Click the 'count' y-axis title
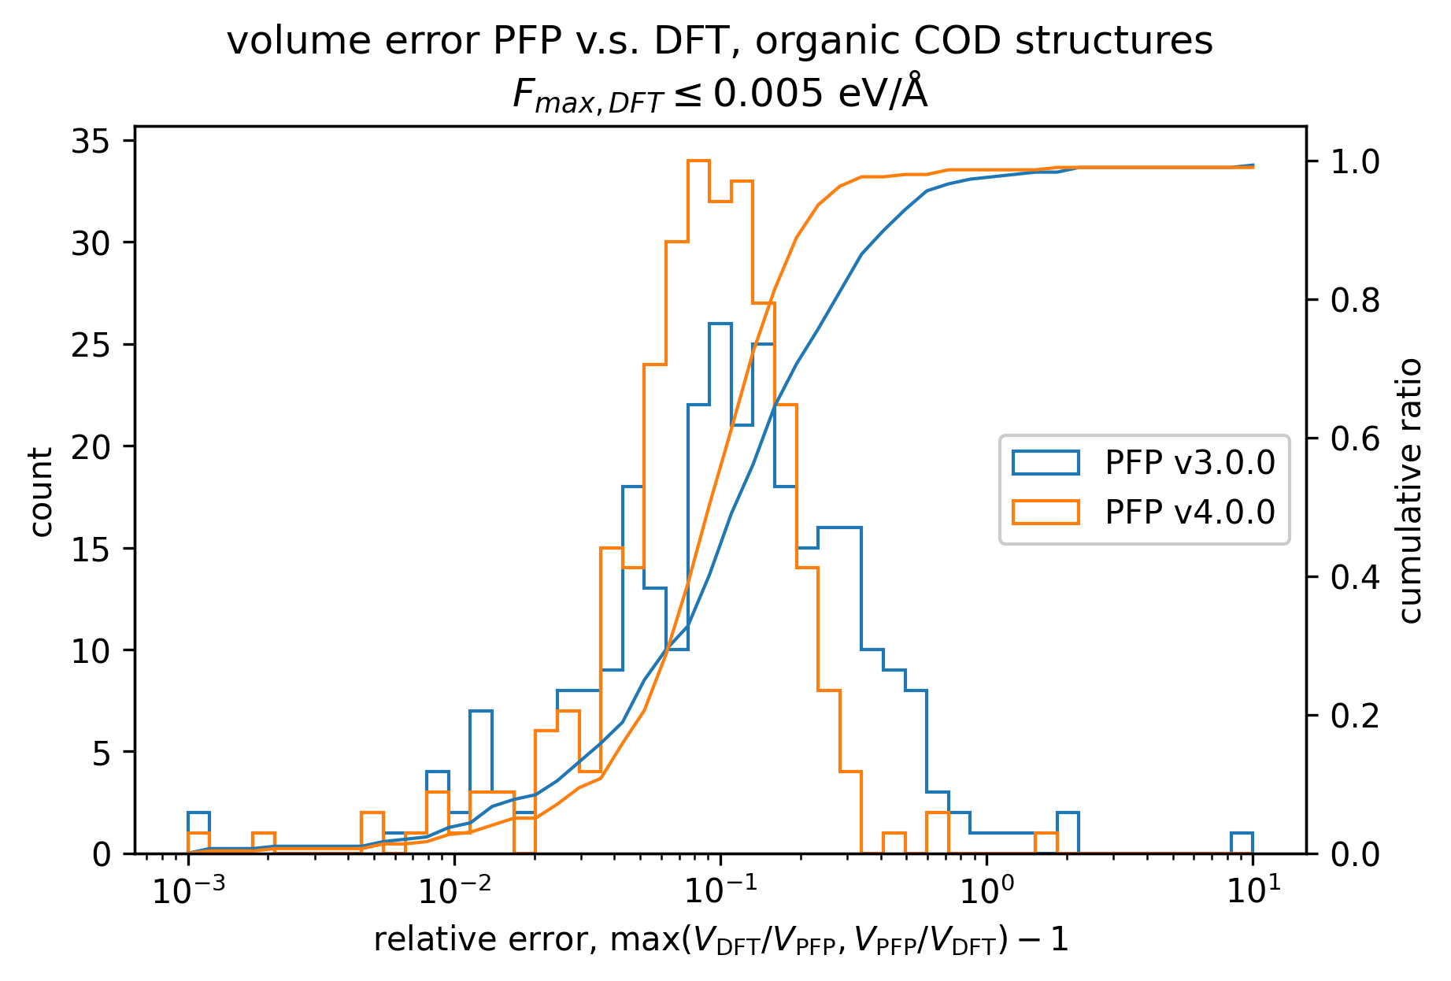click(41, 492)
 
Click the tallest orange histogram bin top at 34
click(698, 161)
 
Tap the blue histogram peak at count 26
click(720, 324)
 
